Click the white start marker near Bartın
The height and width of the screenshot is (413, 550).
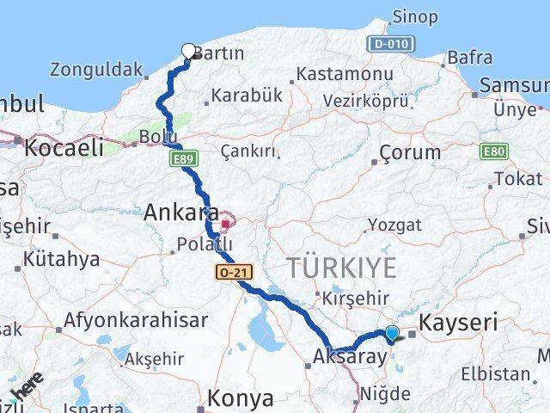tap(189, 51)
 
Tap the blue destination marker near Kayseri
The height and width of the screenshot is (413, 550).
tap(393, 333)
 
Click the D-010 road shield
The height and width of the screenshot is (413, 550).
tap(391, 43)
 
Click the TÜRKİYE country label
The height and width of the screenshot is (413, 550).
tap(342, 268)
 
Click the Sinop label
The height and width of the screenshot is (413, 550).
tap(414, 16)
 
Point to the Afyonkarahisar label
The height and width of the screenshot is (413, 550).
tap(135, 321)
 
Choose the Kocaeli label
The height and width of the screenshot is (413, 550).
tap(64, 147)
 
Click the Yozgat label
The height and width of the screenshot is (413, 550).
tap(395, 225)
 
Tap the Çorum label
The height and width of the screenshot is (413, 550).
tap(410, 152)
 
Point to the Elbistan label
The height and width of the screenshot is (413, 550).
tap(496, 373)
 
